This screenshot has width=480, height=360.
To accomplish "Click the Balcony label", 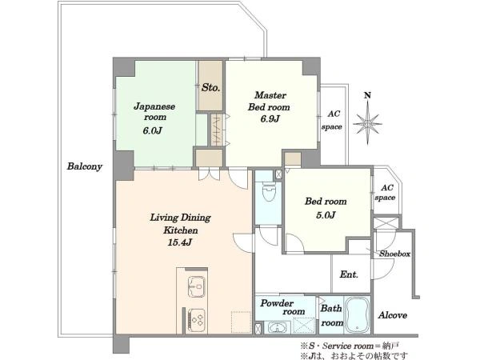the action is (85, 166).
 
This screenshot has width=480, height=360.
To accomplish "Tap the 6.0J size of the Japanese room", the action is (152, 130).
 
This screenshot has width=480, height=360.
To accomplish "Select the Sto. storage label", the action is (210, 87).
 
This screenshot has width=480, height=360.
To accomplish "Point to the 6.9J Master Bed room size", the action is (270, 118).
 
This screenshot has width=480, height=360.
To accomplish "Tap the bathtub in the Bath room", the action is (357, 315).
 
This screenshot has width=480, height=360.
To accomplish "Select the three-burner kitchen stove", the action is (196, 318).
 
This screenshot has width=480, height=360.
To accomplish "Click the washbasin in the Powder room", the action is (278, 328).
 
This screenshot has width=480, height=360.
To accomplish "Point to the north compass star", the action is (367, 123).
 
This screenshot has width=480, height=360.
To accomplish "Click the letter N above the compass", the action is (367, 95).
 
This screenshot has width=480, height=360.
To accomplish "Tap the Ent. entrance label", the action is (349, 274).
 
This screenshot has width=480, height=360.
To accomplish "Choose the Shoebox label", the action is (394, 254).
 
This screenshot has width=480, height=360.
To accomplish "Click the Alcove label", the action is (393, 315).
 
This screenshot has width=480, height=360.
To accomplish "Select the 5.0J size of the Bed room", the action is (326, 215).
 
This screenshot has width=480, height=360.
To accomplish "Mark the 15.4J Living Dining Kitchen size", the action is (180, 242).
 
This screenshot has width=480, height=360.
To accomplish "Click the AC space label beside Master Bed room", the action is (332, 120).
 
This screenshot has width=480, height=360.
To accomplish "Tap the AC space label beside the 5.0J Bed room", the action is (385, 193).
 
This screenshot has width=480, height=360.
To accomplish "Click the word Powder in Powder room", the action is (277, 303).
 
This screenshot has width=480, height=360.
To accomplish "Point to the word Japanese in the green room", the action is (154, 106).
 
